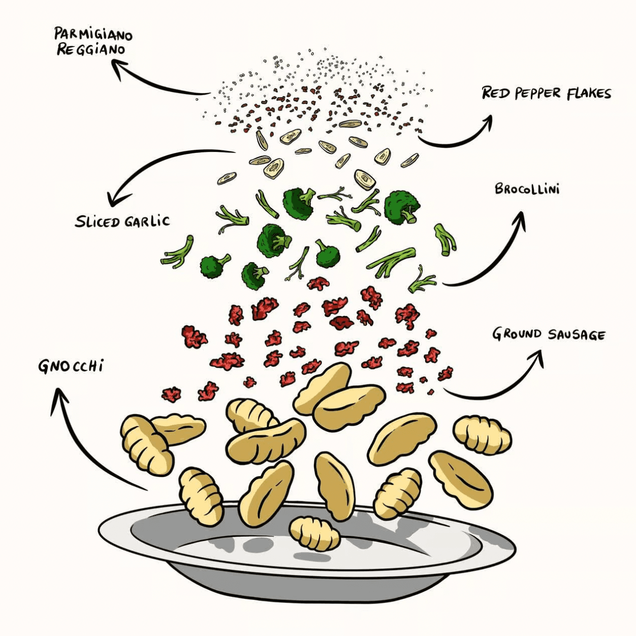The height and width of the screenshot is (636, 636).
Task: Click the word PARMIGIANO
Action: [93, 34]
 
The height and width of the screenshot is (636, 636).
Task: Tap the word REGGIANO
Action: [90, 50]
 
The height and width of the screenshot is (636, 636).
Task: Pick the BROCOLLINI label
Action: [527, 189]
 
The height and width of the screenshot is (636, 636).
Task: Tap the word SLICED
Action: [97, 221]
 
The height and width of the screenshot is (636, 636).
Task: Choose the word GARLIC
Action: [147, 221]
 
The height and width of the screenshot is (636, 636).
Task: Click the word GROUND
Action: [516, 334]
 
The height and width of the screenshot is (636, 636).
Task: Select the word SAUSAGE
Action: [577, 335]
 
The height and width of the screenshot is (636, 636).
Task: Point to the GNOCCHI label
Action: [71, 366]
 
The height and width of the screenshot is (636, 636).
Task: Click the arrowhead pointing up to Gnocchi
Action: [59, 397]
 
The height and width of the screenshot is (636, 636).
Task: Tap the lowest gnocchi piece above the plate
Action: [314, 533]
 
